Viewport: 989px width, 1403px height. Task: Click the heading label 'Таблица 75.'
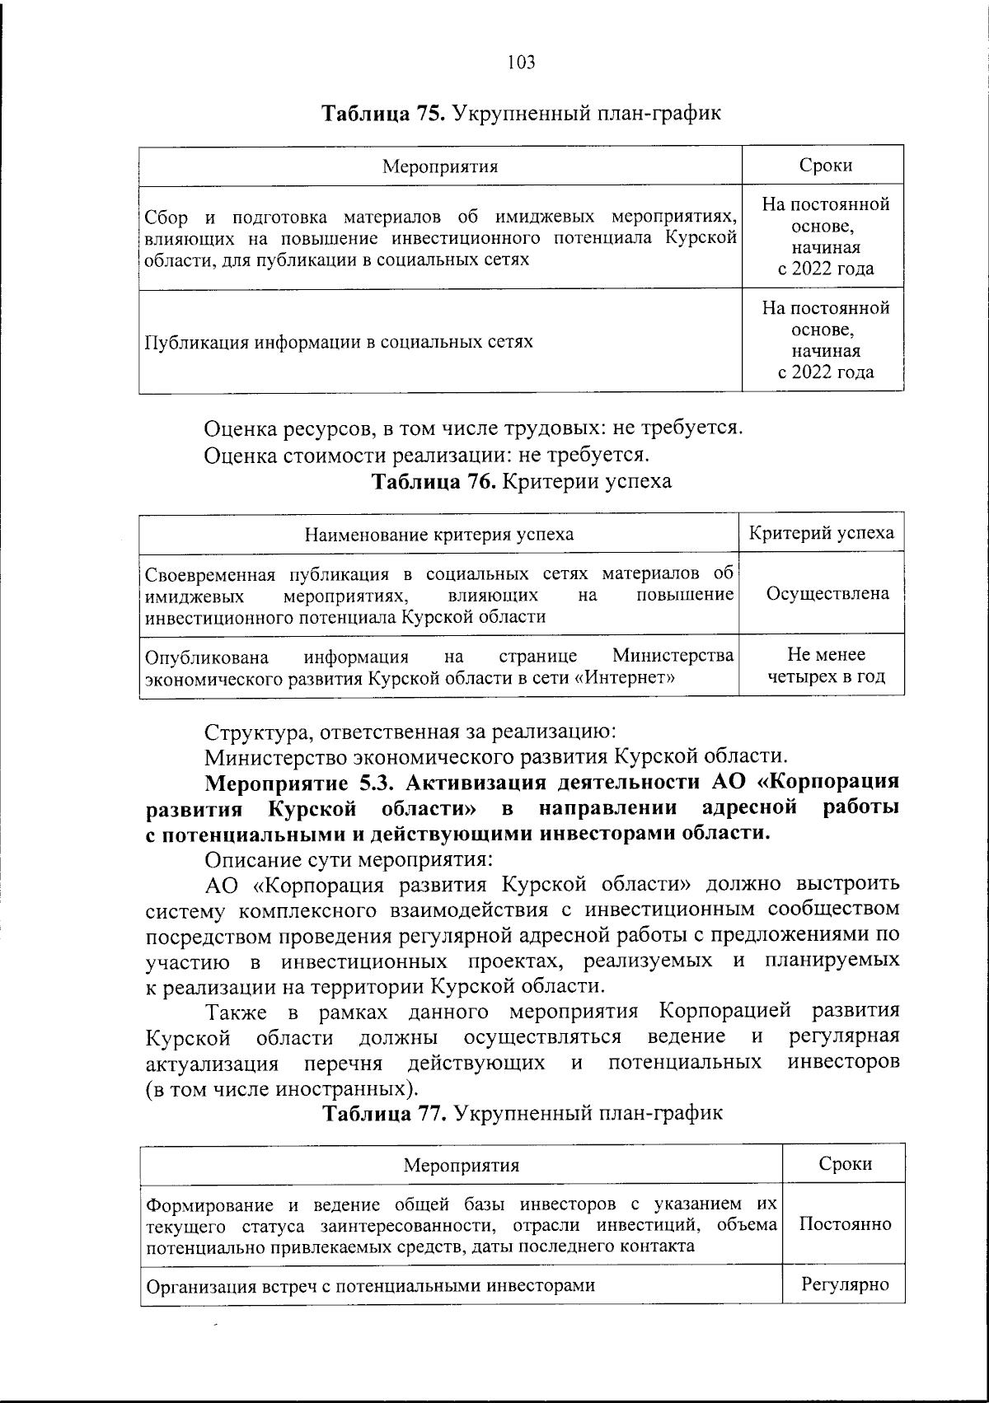click(382, 113)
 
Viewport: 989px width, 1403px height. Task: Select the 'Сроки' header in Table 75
click(825, 165)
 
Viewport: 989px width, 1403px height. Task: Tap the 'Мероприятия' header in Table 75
click(440, 166)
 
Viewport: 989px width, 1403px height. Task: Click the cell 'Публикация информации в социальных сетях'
click(339, 342)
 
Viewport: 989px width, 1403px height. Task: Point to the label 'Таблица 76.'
click(434, 481)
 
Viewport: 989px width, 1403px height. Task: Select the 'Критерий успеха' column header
click(821, 532)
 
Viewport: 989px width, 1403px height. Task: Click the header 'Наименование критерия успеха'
click(439, 534)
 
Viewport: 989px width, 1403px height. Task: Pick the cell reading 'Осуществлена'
click(827, 593)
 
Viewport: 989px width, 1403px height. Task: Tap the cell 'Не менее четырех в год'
click(827, 666)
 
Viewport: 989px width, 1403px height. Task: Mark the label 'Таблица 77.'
click(384, 1113)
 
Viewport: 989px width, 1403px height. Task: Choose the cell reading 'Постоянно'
click(846, 1223)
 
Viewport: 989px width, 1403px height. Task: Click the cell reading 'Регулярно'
click(846, 1284)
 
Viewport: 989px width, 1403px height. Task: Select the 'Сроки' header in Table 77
click(846, 1163)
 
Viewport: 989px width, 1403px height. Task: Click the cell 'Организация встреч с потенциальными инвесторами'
click(370, 1285)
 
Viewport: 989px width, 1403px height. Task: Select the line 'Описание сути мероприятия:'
click(348, 859)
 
